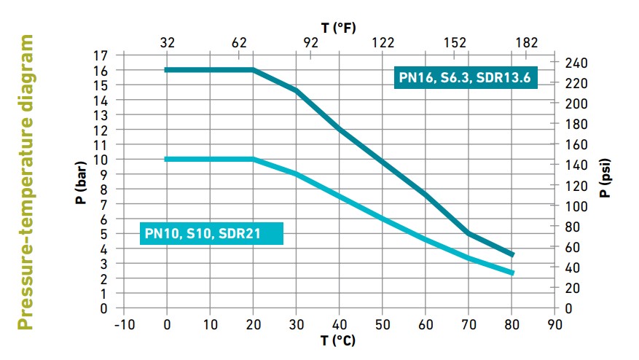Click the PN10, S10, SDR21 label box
[211, 233]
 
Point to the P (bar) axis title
[82, 181]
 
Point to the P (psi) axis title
[605, 179]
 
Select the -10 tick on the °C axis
[123, 323]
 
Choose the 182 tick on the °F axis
[527, 42]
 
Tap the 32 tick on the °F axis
[167, 42]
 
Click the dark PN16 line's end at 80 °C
[512, 255]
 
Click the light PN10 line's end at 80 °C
[512, 273]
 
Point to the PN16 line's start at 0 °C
[167, 70]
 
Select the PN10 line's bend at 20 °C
[253, 159]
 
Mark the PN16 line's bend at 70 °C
[469, 233]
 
